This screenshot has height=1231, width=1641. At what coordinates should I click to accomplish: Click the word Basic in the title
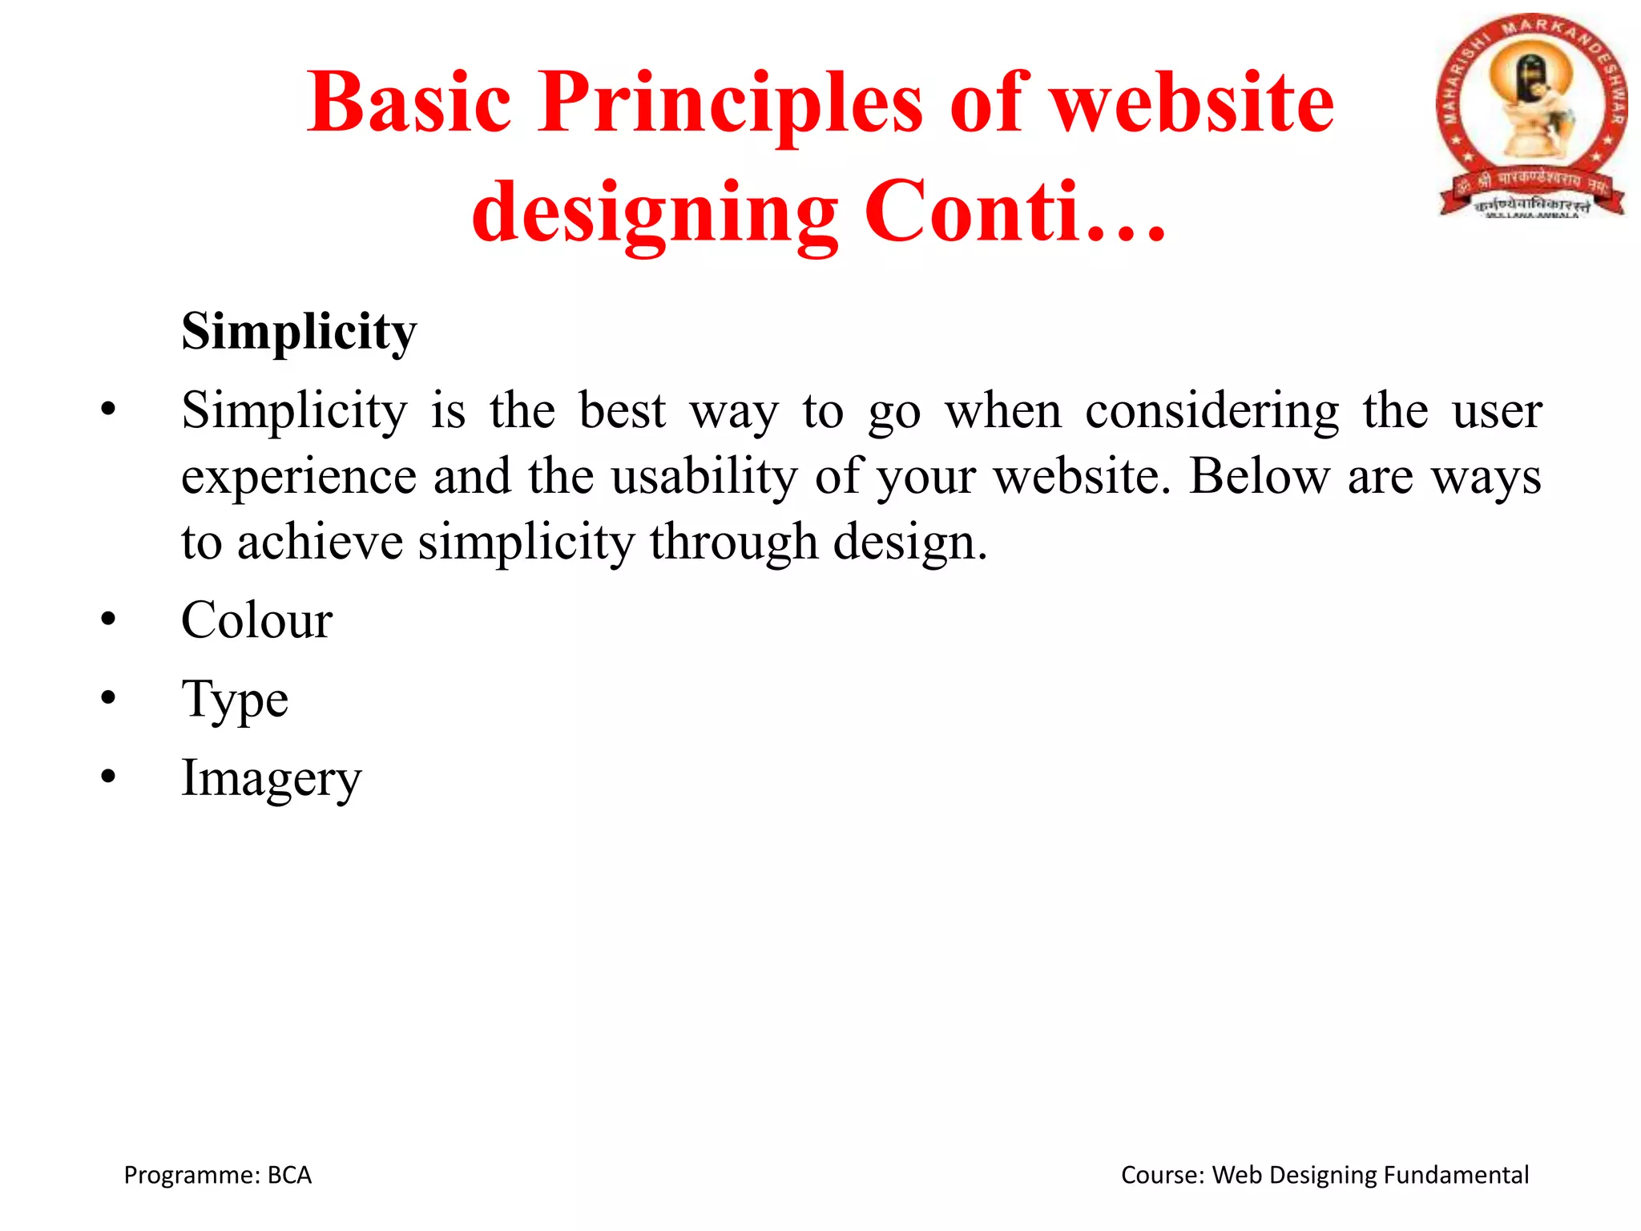point(409,103)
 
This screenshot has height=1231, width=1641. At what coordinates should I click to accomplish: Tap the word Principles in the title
point(730,103)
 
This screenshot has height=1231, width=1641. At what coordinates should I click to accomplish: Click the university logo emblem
point(1530,116)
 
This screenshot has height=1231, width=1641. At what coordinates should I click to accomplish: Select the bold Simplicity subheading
point(299,331)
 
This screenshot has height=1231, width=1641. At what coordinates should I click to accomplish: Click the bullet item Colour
point(256,620)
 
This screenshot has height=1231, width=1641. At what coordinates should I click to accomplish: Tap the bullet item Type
point(235,700)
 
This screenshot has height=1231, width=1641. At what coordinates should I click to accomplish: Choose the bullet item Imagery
point(272,778)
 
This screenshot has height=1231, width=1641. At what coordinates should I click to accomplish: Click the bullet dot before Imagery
point(109,777)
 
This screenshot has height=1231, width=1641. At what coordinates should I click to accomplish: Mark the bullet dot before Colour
point(109,620)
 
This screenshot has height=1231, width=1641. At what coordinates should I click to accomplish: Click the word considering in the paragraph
point(1211,411)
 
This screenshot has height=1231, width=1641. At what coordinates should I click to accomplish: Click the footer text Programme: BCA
point(217,1175)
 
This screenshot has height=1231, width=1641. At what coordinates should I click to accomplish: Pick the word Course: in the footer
point(1162,1175)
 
